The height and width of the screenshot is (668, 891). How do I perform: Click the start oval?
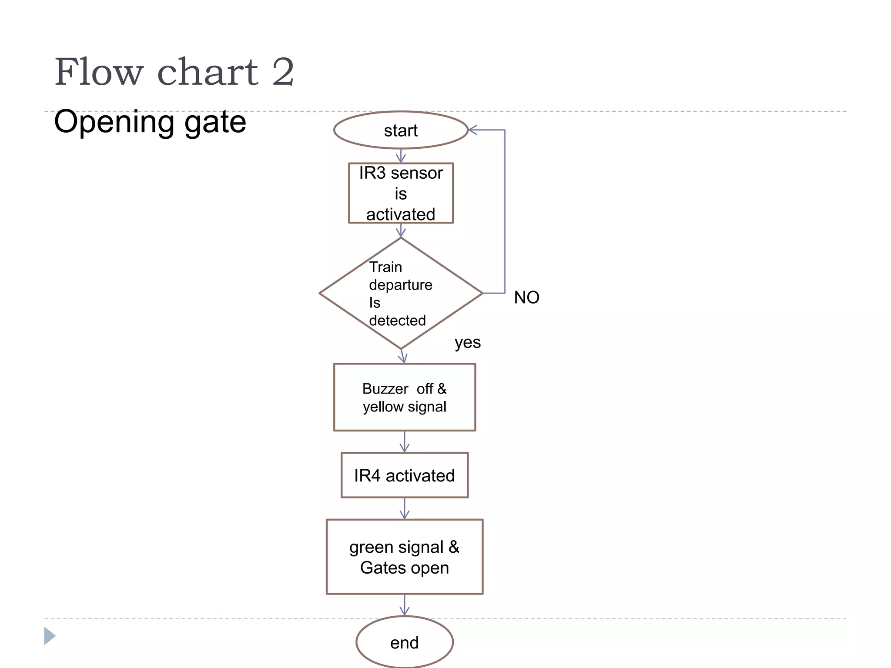pos(401,130)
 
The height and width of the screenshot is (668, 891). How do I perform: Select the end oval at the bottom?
pos(404,642)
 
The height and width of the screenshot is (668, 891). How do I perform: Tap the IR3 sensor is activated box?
pos(401,193)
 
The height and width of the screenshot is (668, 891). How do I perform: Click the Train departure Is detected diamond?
pos(401,293)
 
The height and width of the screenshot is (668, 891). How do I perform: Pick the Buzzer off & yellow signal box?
pos(404,397)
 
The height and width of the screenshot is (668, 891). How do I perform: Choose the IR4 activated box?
pos(404,475)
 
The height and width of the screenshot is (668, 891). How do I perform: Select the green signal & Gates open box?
pos(404,557)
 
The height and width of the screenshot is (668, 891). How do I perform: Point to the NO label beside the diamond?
pos(526,297)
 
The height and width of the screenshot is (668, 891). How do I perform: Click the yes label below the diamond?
pos(468,342)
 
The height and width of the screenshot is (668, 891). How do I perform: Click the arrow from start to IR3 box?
pos(401,156)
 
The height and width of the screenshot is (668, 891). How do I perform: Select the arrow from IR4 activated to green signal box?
pos(405,509)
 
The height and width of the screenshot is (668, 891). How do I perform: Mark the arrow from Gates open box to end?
pos(405,605)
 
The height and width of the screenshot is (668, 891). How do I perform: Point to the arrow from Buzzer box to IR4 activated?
pos(405,442)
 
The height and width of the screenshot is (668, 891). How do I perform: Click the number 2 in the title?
pos(283,72)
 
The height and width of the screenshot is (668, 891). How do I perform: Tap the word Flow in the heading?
pos(99,72)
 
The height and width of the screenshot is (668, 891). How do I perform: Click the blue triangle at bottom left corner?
pos(49,636)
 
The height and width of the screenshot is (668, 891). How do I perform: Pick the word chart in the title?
pos(208,72)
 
